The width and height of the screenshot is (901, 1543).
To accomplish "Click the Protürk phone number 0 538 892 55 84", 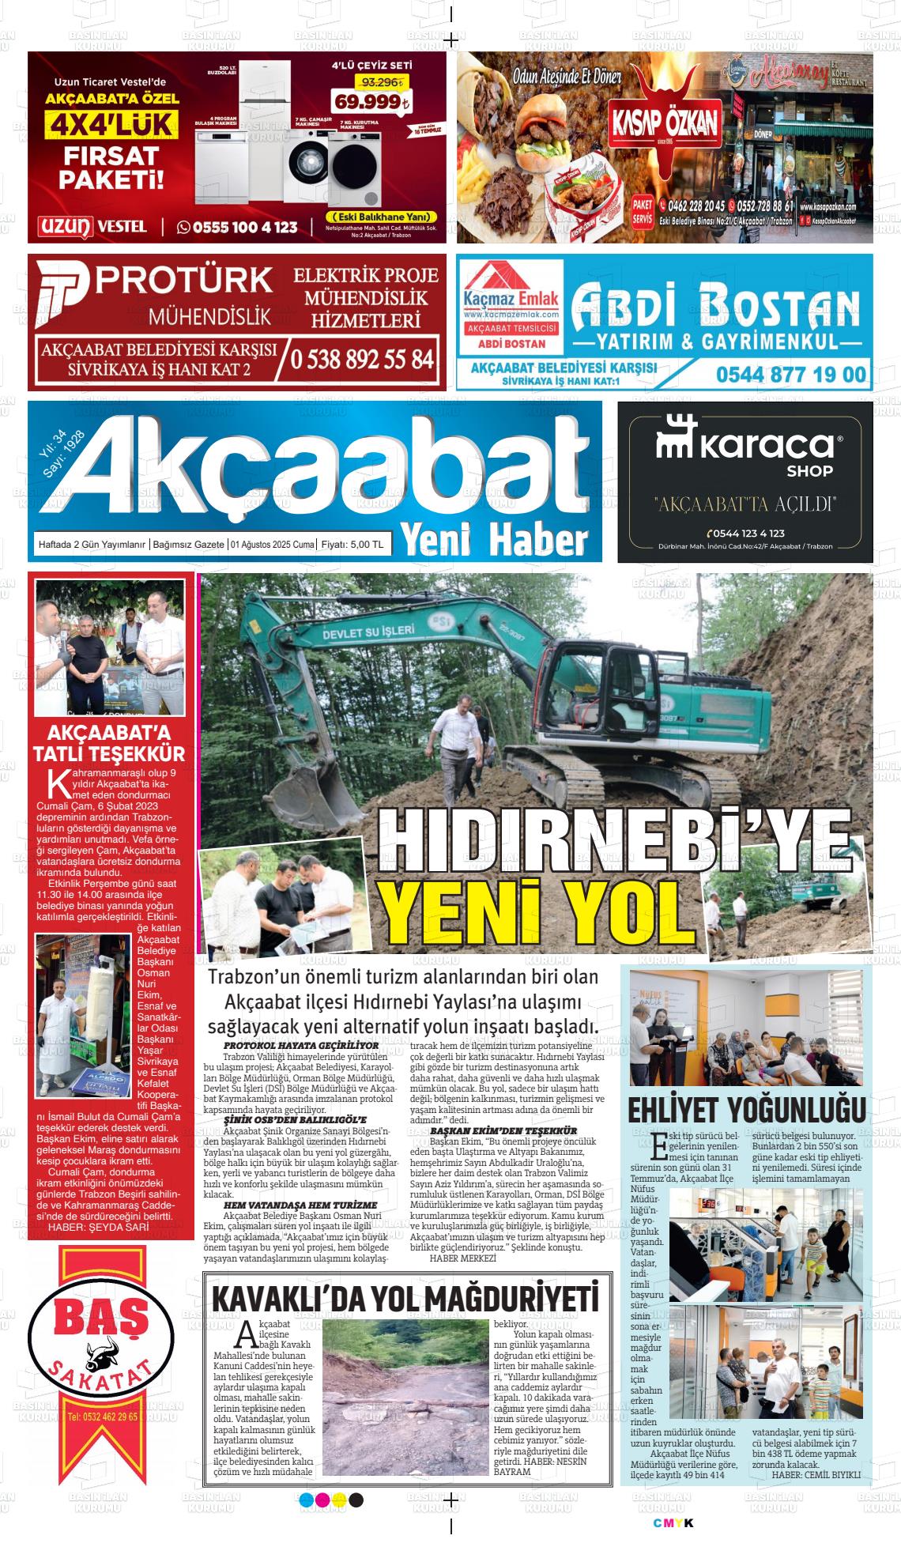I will [361, 359].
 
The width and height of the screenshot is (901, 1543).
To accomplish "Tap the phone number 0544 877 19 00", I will [790, 374].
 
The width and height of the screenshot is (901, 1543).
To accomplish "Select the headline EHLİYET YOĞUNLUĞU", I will [746, 1110].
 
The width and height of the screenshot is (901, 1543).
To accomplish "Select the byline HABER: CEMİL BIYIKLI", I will [815, 1474].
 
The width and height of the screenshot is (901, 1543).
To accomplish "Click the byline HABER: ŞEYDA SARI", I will [88, 1227].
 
